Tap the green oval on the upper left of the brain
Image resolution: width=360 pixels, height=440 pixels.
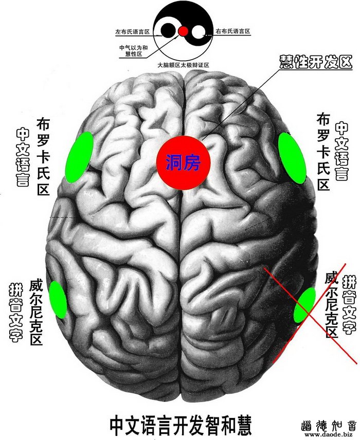pos(79,157)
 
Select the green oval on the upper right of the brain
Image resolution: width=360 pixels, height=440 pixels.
pos(292,157)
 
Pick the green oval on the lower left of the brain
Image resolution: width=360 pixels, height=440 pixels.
pos(57,299)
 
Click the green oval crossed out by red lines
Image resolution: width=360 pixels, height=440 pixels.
pos(305,305)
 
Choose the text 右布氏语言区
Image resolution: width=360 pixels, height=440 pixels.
pos(233,32)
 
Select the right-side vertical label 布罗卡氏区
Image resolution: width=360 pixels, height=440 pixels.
pos(323,151)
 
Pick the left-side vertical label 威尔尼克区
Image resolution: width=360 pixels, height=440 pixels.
pos(36,312)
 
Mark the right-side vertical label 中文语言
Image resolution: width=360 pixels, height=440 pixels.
pos(341,151)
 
